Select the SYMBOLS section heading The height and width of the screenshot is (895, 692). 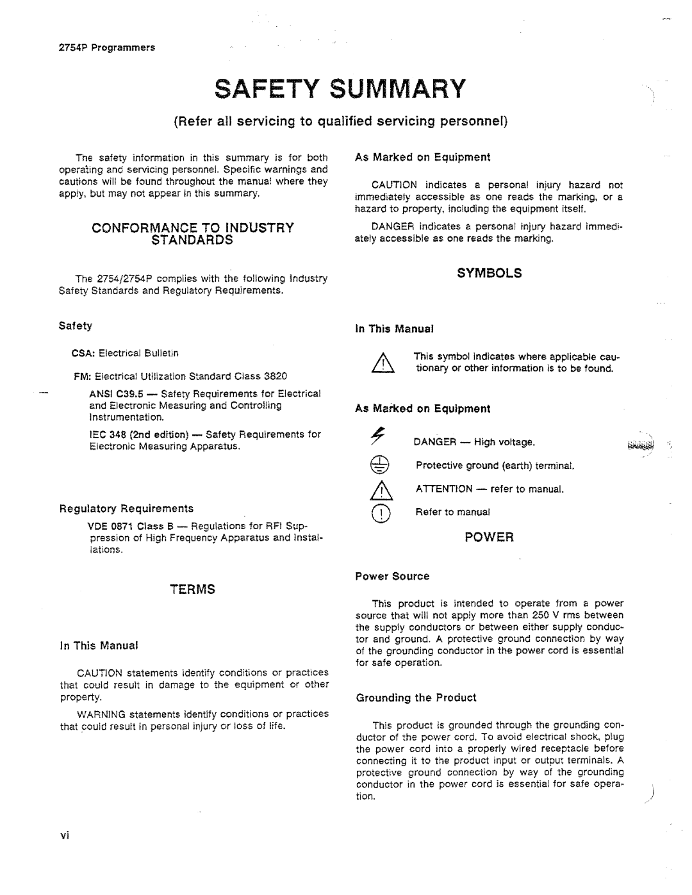(490, 273)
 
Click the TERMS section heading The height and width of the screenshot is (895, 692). (192, 589)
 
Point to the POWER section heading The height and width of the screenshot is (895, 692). (490, 538)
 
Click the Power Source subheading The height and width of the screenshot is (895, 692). (392, 577)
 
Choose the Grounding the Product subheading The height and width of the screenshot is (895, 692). (416, 698)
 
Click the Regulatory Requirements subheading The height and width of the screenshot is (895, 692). (126, 509)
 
